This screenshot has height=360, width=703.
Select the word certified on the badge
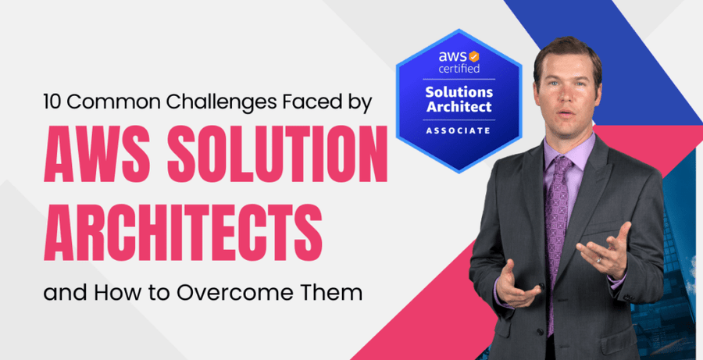tap(459, 69)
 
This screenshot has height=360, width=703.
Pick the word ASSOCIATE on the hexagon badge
tap(459, 130)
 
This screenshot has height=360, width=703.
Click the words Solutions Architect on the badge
tap(459, 98)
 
